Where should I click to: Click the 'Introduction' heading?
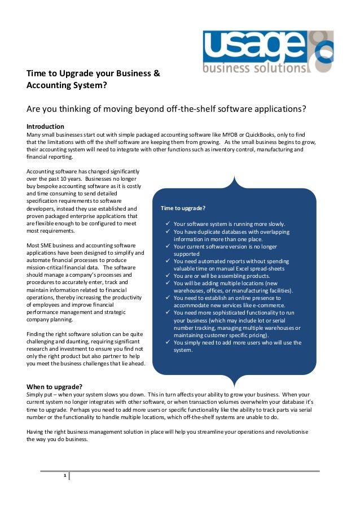pos(46,126)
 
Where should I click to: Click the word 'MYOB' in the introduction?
pos(230,134)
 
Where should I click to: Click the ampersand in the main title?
pos(157,73)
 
